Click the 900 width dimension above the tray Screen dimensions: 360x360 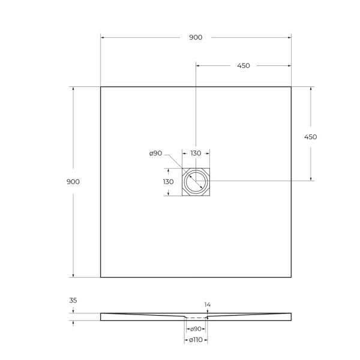[x=196, y=37]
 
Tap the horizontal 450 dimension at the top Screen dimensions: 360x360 [x=243, y=66]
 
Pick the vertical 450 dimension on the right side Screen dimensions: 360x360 [x=310, y=137]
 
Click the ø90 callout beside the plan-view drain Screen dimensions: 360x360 [x=155, y=154]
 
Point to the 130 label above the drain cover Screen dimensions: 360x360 [x=196, y=154]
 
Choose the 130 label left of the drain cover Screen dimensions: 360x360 [x=168, y=181]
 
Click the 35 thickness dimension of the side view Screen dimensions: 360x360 [x=73, y=301]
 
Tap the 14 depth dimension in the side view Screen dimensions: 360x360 [x=208, y=305]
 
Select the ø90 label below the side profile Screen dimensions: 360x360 [x=195, y=329]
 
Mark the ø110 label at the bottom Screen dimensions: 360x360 [x=196, y=341]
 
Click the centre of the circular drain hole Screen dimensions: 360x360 [x=196, y=181]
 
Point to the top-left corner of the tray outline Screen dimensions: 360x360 [x=100, y=87]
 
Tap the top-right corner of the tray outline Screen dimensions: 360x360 [x=291, y=87]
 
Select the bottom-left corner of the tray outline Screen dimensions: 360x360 [x=100, y=277]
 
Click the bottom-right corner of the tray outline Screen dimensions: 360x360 [x=291, y=277]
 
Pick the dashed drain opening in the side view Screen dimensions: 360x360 [x=196, y=317]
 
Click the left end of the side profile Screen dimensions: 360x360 [x=101, y=316]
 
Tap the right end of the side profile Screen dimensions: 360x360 [x=290, y=316]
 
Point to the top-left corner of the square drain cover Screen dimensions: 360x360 [x=183, y=169]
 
